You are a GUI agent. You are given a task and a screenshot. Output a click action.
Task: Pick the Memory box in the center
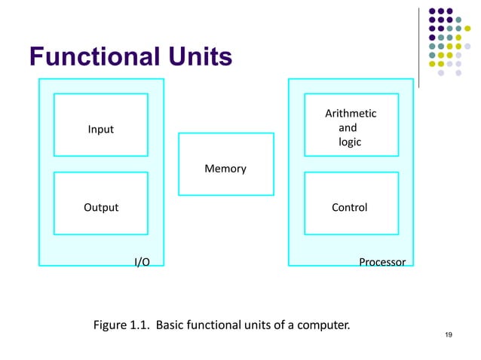pos(225,169)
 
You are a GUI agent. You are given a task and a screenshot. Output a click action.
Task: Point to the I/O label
pos(141,262)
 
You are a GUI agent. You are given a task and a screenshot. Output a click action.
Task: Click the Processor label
pos(381,262)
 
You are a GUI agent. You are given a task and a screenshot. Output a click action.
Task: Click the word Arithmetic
pos(351,114)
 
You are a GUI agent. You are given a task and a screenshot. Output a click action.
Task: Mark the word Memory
pos(225,169)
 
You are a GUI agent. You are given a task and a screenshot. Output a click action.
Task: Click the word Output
pos(100,207)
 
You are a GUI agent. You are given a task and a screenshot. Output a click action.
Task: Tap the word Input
pos(100,130)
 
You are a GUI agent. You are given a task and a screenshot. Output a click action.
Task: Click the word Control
pos(350,207)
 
